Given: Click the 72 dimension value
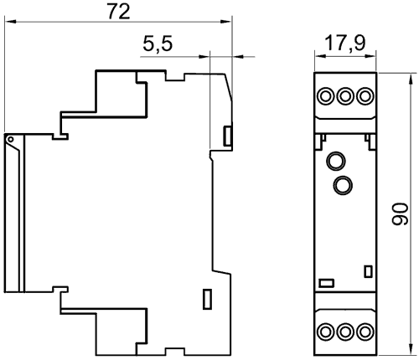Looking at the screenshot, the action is point(119,12).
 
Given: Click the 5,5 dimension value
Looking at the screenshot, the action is point(158,44).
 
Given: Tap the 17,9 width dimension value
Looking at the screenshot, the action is point(345,44).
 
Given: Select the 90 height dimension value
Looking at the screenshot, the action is point(400,213).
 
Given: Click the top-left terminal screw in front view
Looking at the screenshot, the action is point(325,96).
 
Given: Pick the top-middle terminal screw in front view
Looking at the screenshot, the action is point(345,96).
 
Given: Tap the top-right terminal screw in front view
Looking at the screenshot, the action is point(365,96).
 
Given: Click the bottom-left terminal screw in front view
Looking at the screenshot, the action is point(325,332).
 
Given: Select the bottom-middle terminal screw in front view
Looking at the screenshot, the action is point(345,332).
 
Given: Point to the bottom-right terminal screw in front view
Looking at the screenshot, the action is point(365,332).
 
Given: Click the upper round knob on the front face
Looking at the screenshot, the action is point(336,161).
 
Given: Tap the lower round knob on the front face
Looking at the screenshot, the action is point(343,185).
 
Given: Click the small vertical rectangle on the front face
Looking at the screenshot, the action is point(369,271).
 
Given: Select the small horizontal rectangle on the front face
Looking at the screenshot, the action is point(327,283).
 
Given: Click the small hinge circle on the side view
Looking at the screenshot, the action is point(11,139).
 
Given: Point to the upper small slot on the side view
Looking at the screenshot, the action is point(227,136).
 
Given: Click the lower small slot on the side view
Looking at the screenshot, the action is point(207,299).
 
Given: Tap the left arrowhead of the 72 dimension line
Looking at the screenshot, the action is point(10,21).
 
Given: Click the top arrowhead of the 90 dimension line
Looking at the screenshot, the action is point(411,79).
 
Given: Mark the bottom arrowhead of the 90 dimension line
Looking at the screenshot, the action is point(411,350).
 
